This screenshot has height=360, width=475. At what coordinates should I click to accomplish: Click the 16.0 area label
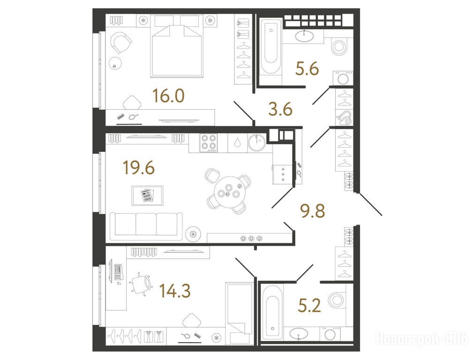tap(168, 96)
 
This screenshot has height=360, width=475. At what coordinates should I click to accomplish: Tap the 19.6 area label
tap(139, 168)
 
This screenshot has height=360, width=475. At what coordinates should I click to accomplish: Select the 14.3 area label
tap(175, 291)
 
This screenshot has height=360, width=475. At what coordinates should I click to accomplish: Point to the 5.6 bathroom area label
tap(307, 69)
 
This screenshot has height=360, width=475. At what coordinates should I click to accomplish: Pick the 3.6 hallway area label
tap(280, 109)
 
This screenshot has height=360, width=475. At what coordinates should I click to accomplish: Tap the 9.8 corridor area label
tap(313, 211)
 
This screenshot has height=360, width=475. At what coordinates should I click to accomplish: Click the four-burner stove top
tap(208, 143)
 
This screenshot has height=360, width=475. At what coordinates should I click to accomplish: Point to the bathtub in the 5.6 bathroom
tap(271, 46)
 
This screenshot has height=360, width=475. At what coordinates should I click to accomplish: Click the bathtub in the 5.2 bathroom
tap(272, 312)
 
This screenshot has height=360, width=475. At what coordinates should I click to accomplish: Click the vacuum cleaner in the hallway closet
tap(345, 118)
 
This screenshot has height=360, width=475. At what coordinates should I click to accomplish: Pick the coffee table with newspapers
tap(147, 195)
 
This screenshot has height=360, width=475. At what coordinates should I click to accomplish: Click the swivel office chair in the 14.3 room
tap(141, 284)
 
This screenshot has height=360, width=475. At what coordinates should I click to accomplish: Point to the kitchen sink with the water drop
tap(238, 143)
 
